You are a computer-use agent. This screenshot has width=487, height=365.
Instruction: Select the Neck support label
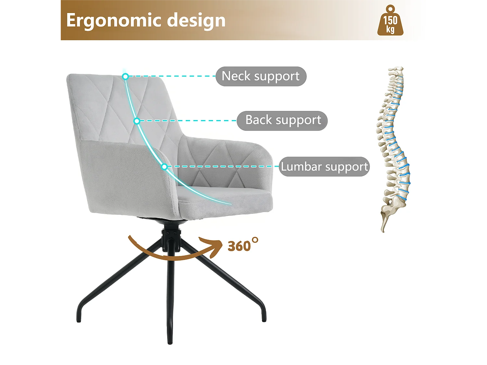[x=261, y=76]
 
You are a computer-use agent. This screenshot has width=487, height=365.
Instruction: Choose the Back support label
[x=282, y=121]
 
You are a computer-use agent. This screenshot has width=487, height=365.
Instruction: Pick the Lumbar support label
[x=324, y=166]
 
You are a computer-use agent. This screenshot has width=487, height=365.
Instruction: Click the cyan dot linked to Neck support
[x=125, y=77]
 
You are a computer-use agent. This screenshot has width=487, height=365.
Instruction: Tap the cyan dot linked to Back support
[x=137, y=121]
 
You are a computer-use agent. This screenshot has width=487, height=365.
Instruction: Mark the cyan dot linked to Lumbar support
[x=165, y=167]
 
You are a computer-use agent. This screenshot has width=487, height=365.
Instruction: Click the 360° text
[x=242, y=246]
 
